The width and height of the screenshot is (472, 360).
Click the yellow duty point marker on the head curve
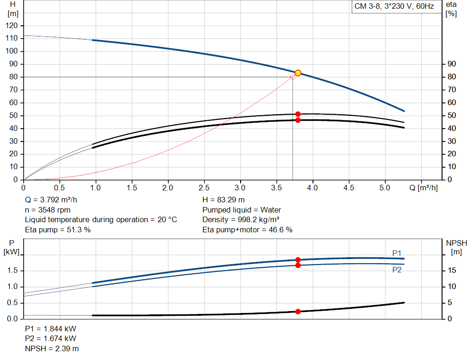coord(298,73)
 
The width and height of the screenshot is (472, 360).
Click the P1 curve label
coord(396,253)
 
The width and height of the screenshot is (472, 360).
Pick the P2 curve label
coord(396,270)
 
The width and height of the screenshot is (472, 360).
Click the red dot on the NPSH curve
coord(298,312)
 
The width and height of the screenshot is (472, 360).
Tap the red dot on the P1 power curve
coord(298,260)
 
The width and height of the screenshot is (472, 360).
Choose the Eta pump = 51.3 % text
coord(58,230)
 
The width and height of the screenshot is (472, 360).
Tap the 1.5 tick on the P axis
coord(13,271)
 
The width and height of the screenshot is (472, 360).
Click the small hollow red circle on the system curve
coord(293,77)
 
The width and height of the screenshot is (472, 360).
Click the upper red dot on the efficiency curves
coord(298,114)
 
